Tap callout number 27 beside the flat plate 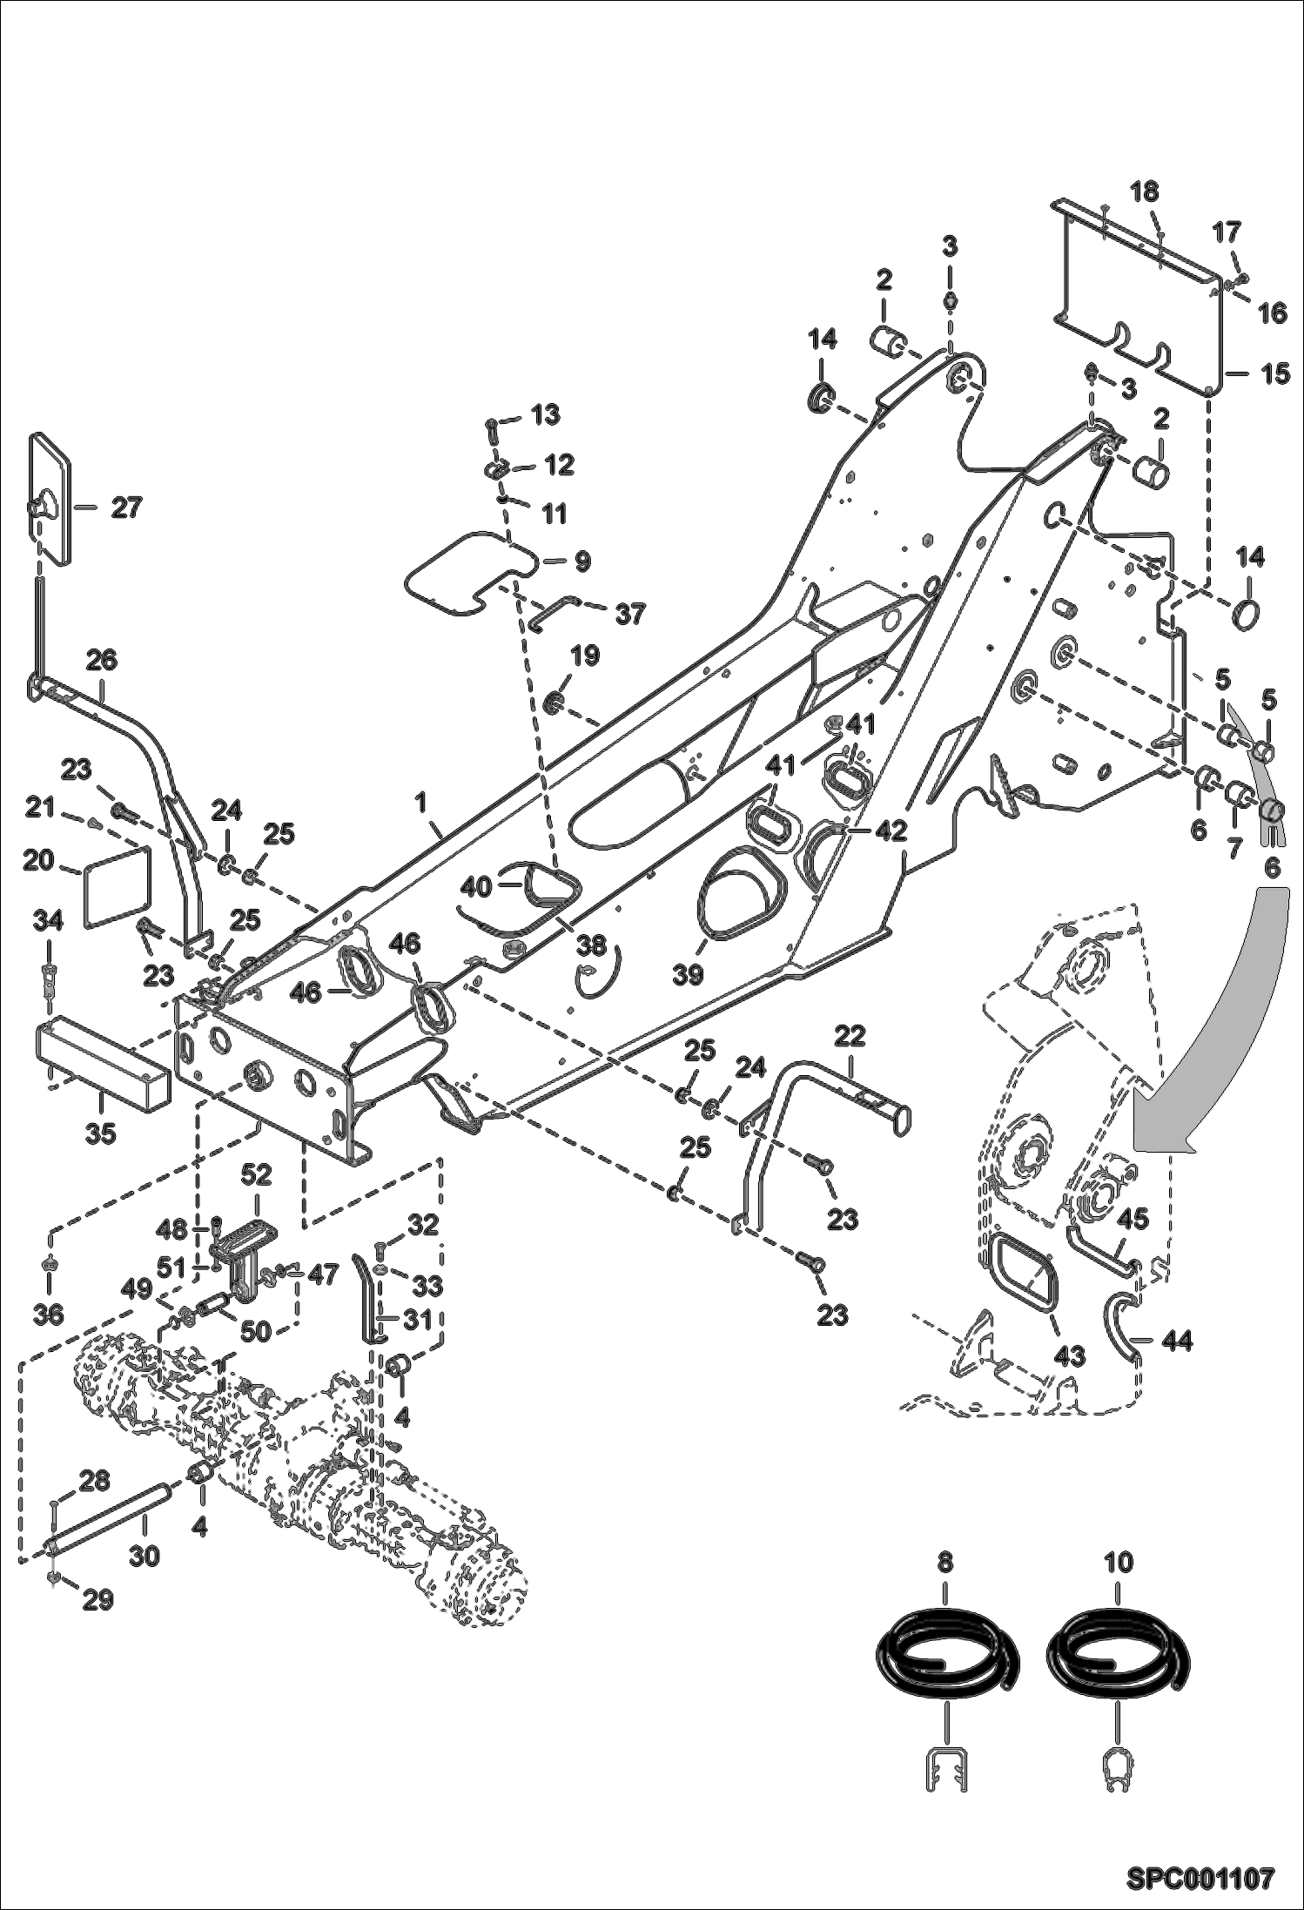[125, 508]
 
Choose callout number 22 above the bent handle [850, 1036]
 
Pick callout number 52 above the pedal [256, 1174]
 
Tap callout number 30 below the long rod [145, 1555]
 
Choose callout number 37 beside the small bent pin [629, 615]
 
